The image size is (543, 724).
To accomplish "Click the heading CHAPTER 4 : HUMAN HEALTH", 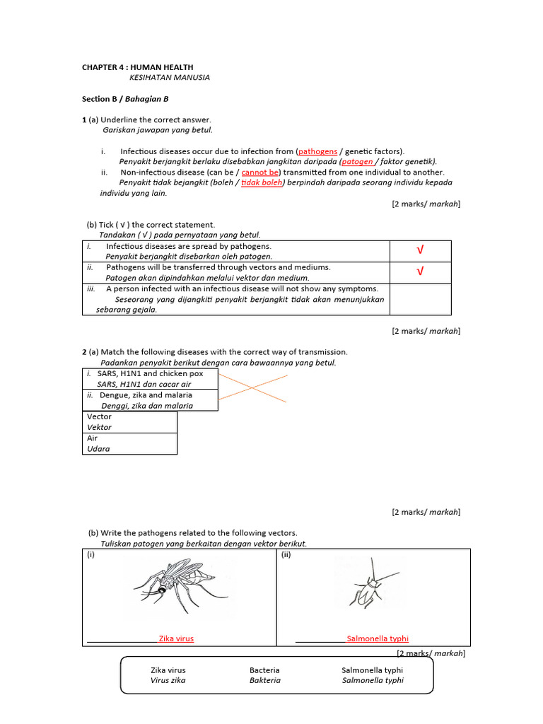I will (137, 67).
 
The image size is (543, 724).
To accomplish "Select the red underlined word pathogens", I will (318, 151).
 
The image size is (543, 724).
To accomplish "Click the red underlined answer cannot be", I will (260, 172).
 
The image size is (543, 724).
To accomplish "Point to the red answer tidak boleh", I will (262, 182).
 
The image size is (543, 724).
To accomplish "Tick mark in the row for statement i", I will (420, 251).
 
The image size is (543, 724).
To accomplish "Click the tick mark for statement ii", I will (420, 272).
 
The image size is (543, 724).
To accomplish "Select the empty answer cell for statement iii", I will (420, 299).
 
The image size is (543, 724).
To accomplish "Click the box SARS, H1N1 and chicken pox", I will (150, 378).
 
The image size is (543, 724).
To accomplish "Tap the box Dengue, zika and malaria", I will (150, 400).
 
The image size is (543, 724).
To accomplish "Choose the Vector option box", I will (129, 422).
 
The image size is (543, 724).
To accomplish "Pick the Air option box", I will (129, 443).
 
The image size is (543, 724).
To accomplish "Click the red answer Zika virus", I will (176, 638).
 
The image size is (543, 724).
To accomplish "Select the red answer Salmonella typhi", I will (378, 638).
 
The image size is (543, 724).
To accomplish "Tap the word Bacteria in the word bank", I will (264, 670).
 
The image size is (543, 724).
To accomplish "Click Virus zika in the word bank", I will (168, 680).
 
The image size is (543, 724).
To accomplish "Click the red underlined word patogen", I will (357, 161).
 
